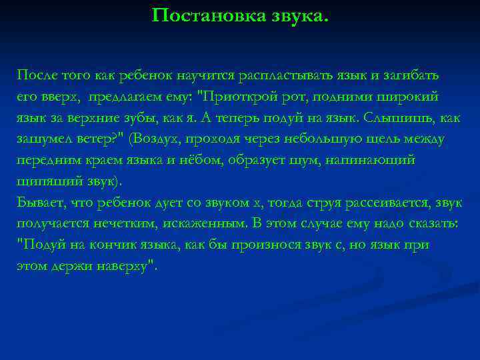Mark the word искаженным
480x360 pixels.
click(195, 223)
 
